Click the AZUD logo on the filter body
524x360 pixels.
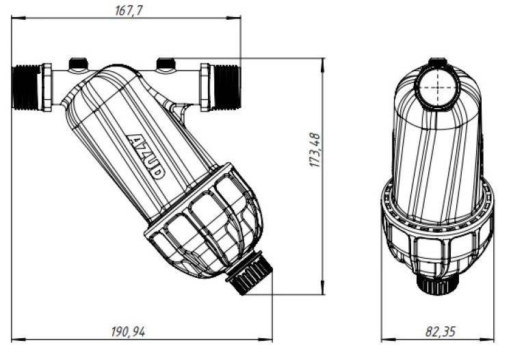tap(146, 155)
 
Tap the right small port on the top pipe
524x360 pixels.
tap(166, 65)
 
